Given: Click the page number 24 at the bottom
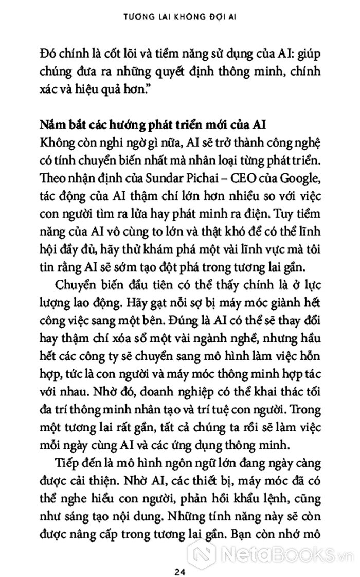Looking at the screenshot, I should tap(179, 557).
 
